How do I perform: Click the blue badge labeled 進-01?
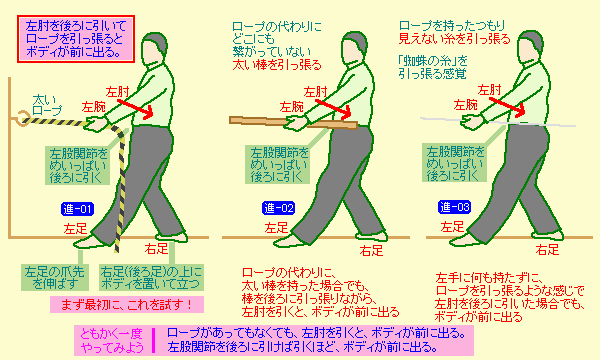pos(77,209)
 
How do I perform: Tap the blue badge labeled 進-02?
pos(279,208)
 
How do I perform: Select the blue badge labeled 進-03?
pos(454,207)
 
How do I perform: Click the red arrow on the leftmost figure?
pos(135,108)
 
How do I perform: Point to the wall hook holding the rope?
pos(21,118)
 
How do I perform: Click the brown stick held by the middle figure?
pos(293,123)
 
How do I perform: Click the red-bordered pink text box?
pos(76,39)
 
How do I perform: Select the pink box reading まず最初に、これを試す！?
pos(127,305)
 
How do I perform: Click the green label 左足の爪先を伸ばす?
pos(55,277)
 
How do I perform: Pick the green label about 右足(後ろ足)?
pos(151,277)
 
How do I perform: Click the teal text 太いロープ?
pos(47,106)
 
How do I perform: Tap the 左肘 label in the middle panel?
pos(316,92)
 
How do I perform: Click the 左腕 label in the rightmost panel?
pos(465,104)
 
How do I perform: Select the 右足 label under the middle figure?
pos(371,251)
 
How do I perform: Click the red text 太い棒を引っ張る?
pos(277,65)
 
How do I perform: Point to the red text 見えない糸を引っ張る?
pos(455,39)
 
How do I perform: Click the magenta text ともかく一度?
pos(111,334)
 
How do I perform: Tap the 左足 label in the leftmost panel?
pos(75,229)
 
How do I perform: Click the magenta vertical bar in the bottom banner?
pos(154,340)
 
